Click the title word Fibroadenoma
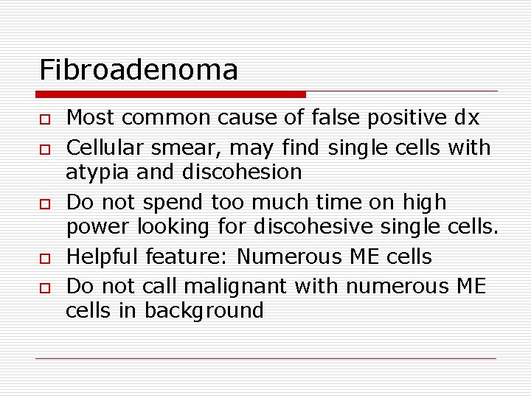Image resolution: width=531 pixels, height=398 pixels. pyautogui.click(x=139, y=70)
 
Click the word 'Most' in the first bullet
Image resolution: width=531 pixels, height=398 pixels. pyautogui.click(x=88, y=117)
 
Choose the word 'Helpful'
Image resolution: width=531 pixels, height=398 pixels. pyautogui.click(x=103, y=256)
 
